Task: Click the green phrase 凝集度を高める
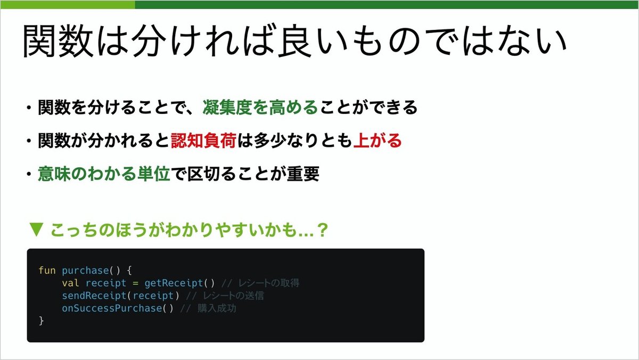[260, 108]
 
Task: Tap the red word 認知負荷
[196, 141]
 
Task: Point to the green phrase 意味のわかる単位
[104, 174]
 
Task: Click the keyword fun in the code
[46, 270]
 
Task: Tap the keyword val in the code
[70, 283]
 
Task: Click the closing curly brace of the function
[41, 321]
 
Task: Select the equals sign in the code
[135, 283]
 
